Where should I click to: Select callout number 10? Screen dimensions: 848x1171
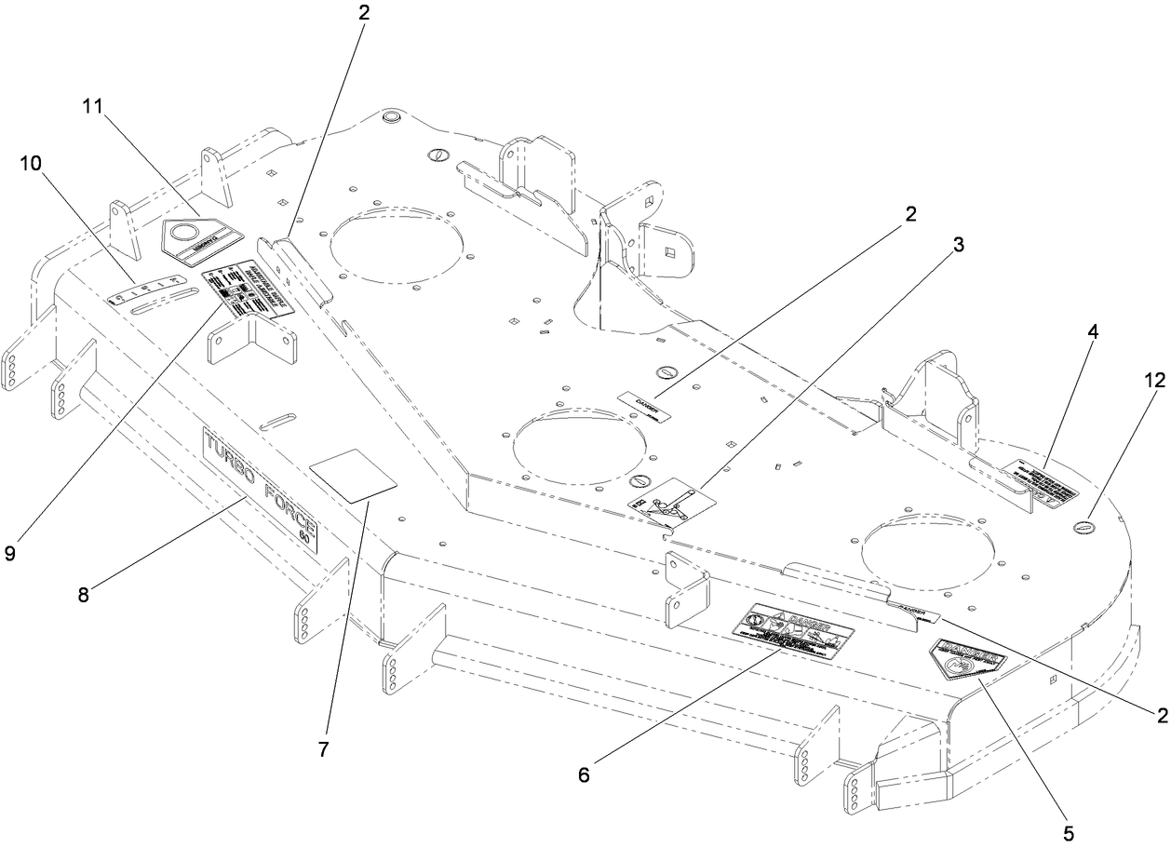click(x=30, y=163)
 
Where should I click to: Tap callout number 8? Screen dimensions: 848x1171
click(x=84, y=594)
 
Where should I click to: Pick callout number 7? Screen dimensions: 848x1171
click(x=323, y=748)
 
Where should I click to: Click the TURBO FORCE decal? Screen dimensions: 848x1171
click(x=260, y=489)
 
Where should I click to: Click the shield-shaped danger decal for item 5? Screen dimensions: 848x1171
click(x=966, y=660)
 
